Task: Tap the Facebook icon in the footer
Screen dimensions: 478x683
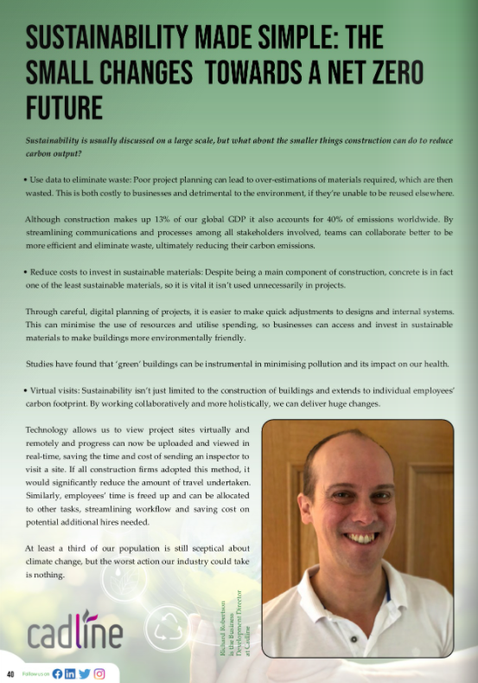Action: coord(57,673)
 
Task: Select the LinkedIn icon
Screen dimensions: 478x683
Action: coord(70,673)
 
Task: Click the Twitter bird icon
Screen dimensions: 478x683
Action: coord(84,673)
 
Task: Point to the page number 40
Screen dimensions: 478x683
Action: coord(10,673)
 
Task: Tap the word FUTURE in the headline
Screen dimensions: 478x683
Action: coord(64,108)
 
